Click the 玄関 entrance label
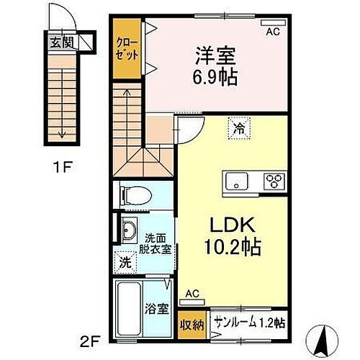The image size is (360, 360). [60, 42]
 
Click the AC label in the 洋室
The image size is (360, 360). [273, 32]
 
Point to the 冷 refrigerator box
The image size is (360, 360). [238, 129]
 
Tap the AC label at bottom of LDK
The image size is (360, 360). [192, 294]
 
